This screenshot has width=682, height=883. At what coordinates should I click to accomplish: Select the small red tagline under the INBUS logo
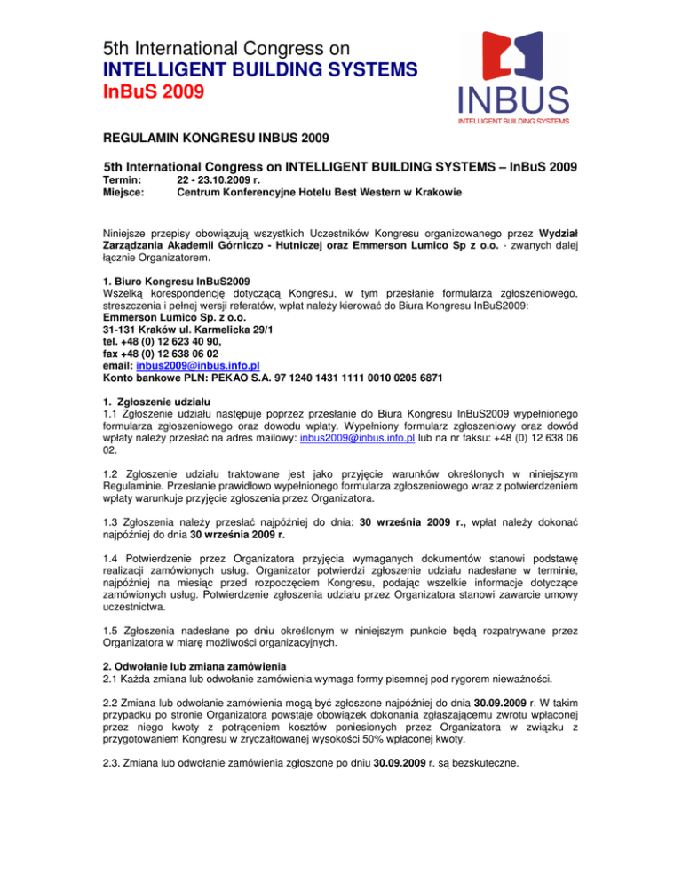click(x=513, y=118)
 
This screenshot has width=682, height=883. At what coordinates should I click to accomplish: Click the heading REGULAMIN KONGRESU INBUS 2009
click(x=219, y=139)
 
